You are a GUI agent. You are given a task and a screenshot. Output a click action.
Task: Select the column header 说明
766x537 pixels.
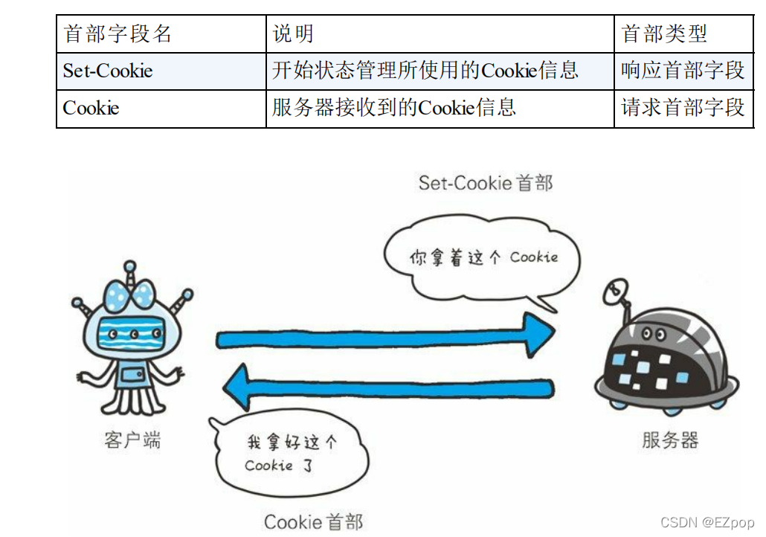(293, 33)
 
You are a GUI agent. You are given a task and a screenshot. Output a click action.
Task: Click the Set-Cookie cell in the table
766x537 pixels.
(108, 71)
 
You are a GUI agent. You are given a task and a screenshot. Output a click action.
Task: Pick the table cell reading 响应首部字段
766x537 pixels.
(682, 71)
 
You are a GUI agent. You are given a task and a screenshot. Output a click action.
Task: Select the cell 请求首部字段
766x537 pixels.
(682, 108)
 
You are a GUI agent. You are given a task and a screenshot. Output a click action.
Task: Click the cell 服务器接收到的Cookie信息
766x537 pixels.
(393, 108)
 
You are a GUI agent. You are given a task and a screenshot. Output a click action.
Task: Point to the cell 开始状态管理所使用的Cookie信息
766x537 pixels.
(425, 71)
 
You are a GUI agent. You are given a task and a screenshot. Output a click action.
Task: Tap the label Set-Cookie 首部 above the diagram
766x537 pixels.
(486, 183)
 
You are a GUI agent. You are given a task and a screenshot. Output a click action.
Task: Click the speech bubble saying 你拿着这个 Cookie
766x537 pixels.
(482, 259)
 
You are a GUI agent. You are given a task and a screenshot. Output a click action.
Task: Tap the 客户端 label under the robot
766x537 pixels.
(132, 440)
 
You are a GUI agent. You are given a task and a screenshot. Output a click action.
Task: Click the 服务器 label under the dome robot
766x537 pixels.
(670, 440)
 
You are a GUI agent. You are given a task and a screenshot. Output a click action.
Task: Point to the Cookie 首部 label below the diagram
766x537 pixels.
(313, 521)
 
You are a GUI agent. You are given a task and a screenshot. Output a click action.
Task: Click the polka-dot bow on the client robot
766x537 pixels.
(132, 297)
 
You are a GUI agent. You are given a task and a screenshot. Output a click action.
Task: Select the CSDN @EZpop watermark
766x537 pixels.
(706, 523)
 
